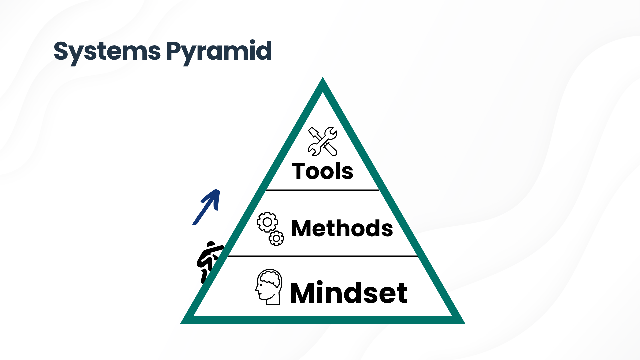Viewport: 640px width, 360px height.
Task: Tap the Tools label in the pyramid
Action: point(323,171)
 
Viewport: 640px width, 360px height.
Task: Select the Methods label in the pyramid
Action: point(342,229)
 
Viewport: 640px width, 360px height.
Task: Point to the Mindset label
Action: point(349,293)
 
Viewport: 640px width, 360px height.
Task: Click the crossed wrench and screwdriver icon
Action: point(323,141)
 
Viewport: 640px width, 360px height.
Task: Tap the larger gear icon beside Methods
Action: point(267,222)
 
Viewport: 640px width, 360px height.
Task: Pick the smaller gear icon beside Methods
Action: point(276,238)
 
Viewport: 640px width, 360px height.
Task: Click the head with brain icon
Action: point(269,287)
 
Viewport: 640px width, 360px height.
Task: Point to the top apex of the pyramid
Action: point(323,77)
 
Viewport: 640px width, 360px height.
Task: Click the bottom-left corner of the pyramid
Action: point(181,323)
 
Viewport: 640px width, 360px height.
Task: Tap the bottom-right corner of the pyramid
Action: point(465,323)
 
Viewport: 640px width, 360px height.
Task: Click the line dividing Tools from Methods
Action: point(322,190)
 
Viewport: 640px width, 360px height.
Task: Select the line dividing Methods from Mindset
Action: point(323,256)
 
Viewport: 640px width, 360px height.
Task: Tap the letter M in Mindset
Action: point(302,293)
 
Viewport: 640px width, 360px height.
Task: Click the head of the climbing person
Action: point(211,245)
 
